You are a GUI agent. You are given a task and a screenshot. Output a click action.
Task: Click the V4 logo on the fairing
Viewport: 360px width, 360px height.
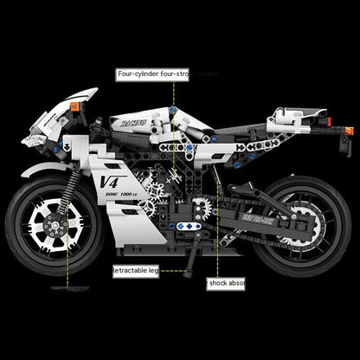pyautogui.click(x=109, y=181)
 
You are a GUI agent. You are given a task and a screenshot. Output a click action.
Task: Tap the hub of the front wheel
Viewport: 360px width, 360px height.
pyautogui.click(x=60, y=222)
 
